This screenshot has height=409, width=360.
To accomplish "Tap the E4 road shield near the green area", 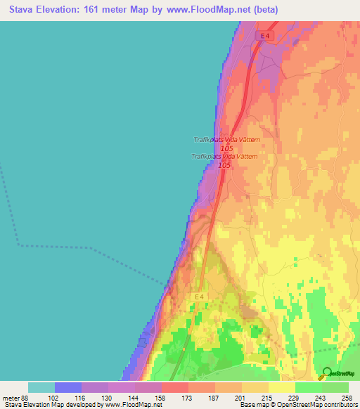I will click(200, 297).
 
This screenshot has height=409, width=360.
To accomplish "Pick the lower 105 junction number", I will click(224, 165).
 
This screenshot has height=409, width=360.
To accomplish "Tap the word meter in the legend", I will click(13, 398).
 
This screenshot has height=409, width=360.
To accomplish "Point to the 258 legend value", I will click(347, 398).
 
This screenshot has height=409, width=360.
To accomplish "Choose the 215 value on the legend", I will click(268, 398).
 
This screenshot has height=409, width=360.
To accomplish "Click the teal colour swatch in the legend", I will click(41, 387).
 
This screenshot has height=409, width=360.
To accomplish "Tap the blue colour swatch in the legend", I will click(68, 387).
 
